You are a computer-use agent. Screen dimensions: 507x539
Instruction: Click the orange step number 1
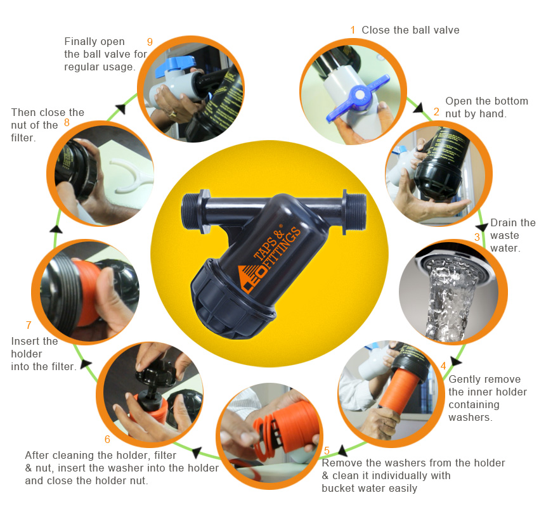tap(353, 30)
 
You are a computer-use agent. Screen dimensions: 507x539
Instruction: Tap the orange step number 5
tap(327, 451)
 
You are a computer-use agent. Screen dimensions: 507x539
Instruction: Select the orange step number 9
tap(150, 42)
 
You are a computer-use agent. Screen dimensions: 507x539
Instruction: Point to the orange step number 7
tap(29, 325)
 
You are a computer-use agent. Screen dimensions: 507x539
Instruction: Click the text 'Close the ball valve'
tap(410, 30)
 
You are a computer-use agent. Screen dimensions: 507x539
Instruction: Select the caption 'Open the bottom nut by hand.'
tap(486, 107)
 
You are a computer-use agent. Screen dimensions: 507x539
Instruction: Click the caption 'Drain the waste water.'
tap(513, 235)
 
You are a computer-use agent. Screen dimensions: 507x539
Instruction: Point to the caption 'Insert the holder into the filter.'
tap(44, 354)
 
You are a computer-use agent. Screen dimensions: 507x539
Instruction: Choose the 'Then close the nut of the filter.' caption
tap(48, 125)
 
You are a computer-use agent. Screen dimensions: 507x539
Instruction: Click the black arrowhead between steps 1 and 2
tap(419, 108)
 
